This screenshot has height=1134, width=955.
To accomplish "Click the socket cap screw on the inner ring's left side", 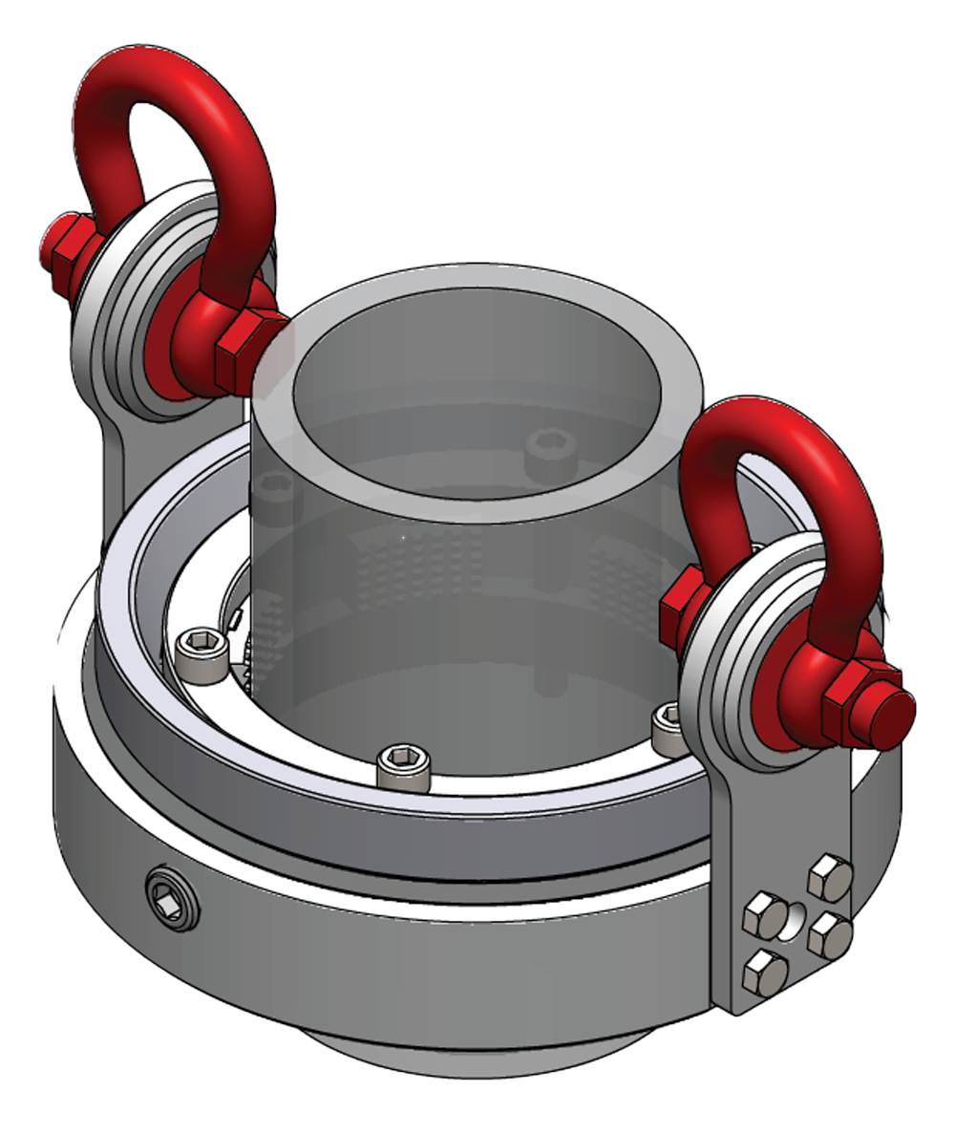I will click(x=202, y=656).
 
